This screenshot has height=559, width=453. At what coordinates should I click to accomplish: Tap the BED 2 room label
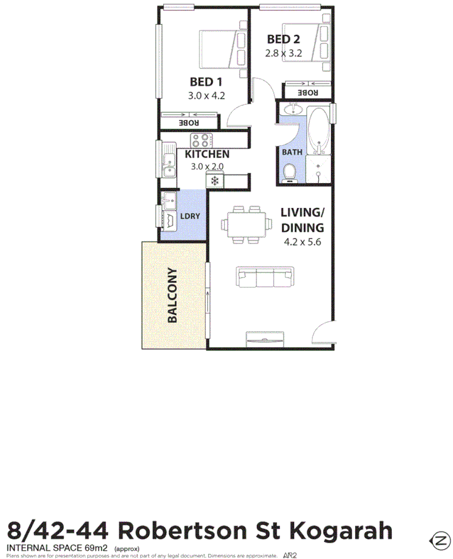pos(284,39)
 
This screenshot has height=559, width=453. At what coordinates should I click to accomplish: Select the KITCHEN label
pos(207,154)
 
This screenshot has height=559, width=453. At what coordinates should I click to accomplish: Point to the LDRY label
pos(190,216)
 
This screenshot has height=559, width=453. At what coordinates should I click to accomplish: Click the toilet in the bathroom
pos(290,171)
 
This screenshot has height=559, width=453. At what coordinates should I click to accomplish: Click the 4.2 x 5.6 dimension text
pos(302,242)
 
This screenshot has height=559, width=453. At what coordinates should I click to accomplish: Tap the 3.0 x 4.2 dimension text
pos(206,96)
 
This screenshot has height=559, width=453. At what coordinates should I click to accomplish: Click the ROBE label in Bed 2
pos(307,92)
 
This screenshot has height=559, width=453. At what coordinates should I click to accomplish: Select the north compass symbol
pos(441,540)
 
